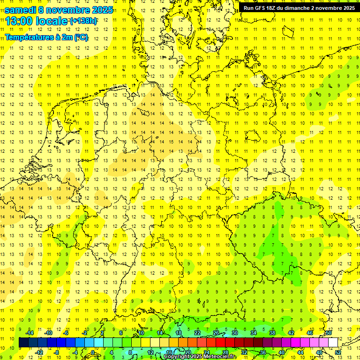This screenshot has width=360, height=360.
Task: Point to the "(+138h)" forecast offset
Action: [84, 21]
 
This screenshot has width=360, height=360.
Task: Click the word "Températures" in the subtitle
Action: [28, 37]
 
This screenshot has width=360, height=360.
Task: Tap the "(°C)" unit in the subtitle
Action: [81, 37]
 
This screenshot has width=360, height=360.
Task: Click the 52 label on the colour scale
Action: [338, 352]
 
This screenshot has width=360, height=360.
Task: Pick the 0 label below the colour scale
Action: [93, 352]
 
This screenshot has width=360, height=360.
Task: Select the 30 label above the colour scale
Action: [234, 333]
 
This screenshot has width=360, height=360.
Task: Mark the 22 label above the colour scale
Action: [197, 333]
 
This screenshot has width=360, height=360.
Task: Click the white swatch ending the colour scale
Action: [333, 342]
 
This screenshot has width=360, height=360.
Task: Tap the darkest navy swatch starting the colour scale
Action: [23, 342]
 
